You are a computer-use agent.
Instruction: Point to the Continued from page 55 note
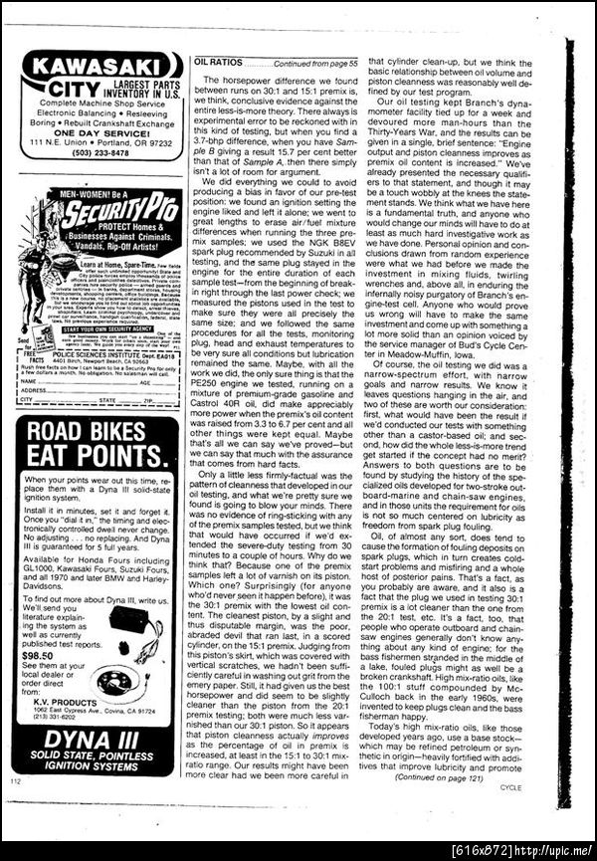pyautogui.click(x=312, y=62)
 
